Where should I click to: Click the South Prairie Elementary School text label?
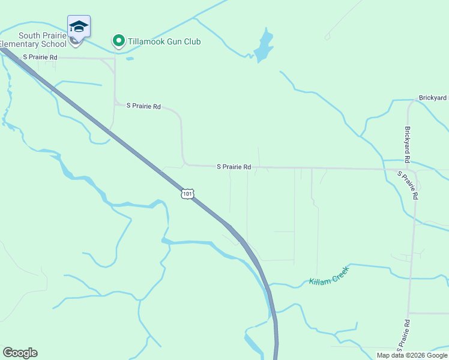33,40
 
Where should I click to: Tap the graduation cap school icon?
79,27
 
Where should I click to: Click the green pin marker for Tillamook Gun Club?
119,41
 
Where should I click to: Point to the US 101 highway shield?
187,194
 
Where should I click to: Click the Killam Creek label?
329,274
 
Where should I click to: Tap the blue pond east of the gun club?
263,46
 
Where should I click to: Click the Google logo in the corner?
20,353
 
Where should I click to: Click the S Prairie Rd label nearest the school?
40,57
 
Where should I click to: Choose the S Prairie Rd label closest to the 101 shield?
234,167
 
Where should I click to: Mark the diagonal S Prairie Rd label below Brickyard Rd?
408,185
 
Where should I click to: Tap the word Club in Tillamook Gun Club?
192,41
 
